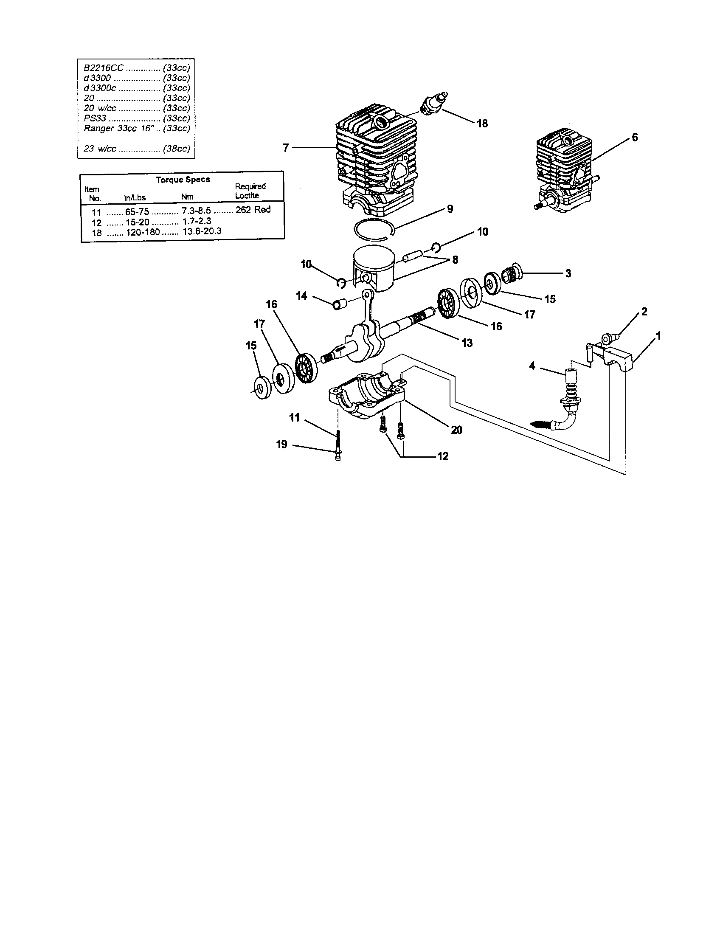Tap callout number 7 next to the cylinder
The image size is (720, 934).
click(x=286, y=148)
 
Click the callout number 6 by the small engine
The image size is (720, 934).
click(x=635, y=137)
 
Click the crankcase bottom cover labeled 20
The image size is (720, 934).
click(x=367, y=393)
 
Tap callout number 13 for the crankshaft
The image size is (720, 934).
click(x=467, y=343)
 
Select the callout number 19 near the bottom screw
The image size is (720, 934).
click(x=281, y=444)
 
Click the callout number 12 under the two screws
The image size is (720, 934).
click(x=442, y=456)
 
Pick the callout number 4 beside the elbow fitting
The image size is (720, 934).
click(x=532, y=366)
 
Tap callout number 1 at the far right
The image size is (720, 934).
click(x=658, y=336)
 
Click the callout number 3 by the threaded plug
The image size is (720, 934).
click(x=568, y=273)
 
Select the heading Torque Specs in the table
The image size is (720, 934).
click(x=183, y=180)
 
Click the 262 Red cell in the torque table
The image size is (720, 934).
click(x=253, y=210)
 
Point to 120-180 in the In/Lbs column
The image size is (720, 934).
click(x=143, y=232)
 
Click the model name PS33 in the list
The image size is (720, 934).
click(x=95, y=118)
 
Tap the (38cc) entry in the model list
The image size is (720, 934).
click(x=176, y=149)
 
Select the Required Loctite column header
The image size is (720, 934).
click(x=250, y=191)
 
